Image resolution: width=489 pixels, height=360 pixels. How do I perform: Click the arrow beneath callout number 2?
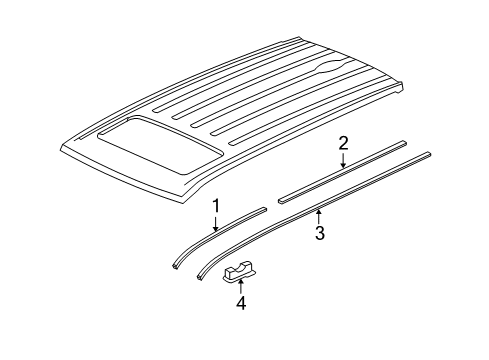pyautogui.click(x=342, y=161)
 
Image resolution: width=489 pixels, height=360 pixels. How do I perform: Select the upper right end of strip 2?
pyautogui.click(x=404, y=145)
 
